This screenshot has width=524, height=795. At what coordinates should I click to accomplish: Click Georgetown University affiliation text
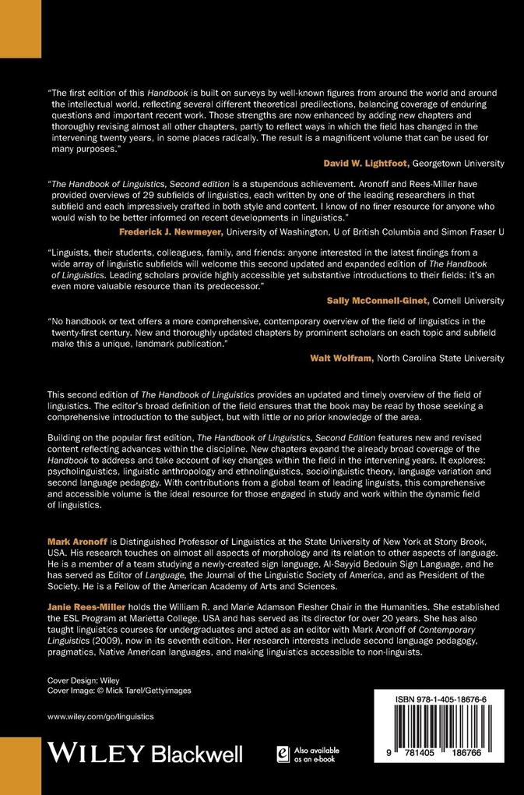pyautogui.click(x=458, y=163)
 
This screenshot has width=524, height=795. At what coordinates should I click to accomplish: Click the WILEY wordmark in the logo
pyautogui.click(x=96, y=753)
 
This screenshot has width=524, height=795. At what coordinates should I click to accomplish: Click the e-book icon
pyautogui.click(x=283, y=753)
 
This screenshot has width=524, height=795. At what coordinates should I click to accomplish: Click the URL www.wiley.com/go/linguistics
pyautogui.click(x=100, y=715)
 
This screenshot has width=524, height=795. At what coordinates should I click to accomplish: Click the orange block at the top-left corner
pyautogui.click(x=20, y=28)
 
